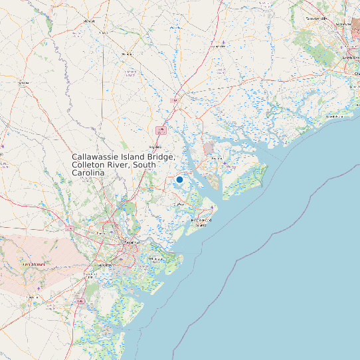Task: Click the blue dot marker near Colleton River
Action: (179, 179)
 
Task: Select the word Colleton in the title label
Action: (90, 165)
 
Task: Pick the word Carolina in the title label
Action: (88, 173)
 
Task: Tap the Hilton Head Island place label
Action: (201, 221)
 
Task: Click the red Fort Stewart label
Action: (33, 264)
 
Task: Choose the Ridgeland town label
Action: (155, 147)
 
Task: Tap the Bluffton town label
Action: (179, 205)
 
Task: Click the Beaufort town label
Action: (217, 158)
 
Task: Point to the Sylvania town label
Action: (24, 84)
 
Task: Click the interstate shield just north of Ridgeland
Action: (161, 131)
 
